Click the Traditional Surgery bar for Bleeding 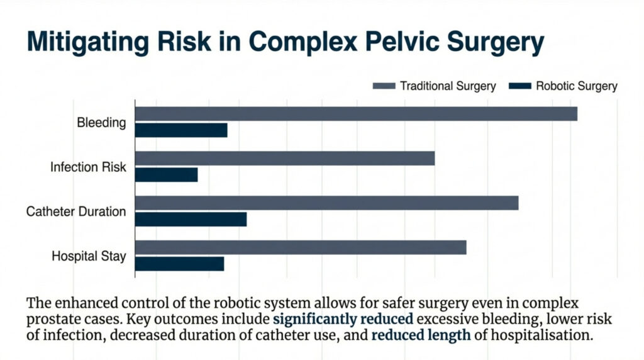point(356,114)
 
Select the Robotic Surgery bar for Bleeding point(181,130)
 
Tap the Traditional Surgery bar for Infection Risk point(285,158)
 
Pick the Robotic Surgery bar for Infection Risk point(167,175)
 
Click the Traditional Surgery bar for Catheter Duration point(326,203)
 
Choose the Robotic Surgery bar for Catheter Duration point(191,219)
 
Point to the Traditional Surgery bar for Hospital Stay point(301,247)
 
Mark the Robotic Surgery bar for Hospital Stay point(180,264)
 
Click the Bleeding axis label point(101,123)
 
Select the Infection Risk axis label point(88,167)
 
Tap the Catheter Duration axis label point(76,212)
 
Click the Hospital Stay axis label point(89,256)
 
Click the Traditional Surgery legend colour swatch point(384,86)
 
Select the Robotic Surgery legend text point(576,86)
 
